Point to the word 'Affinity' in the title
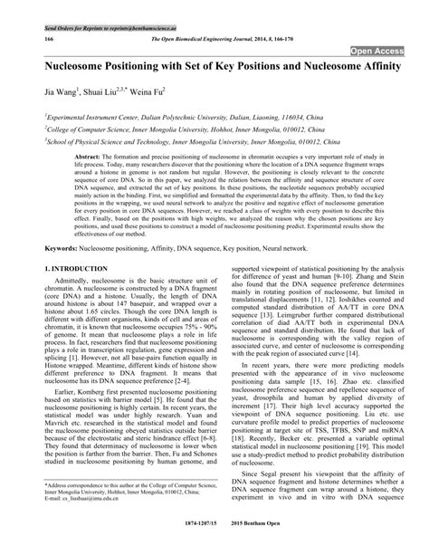pyautogui.click(x=369, y=68)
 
